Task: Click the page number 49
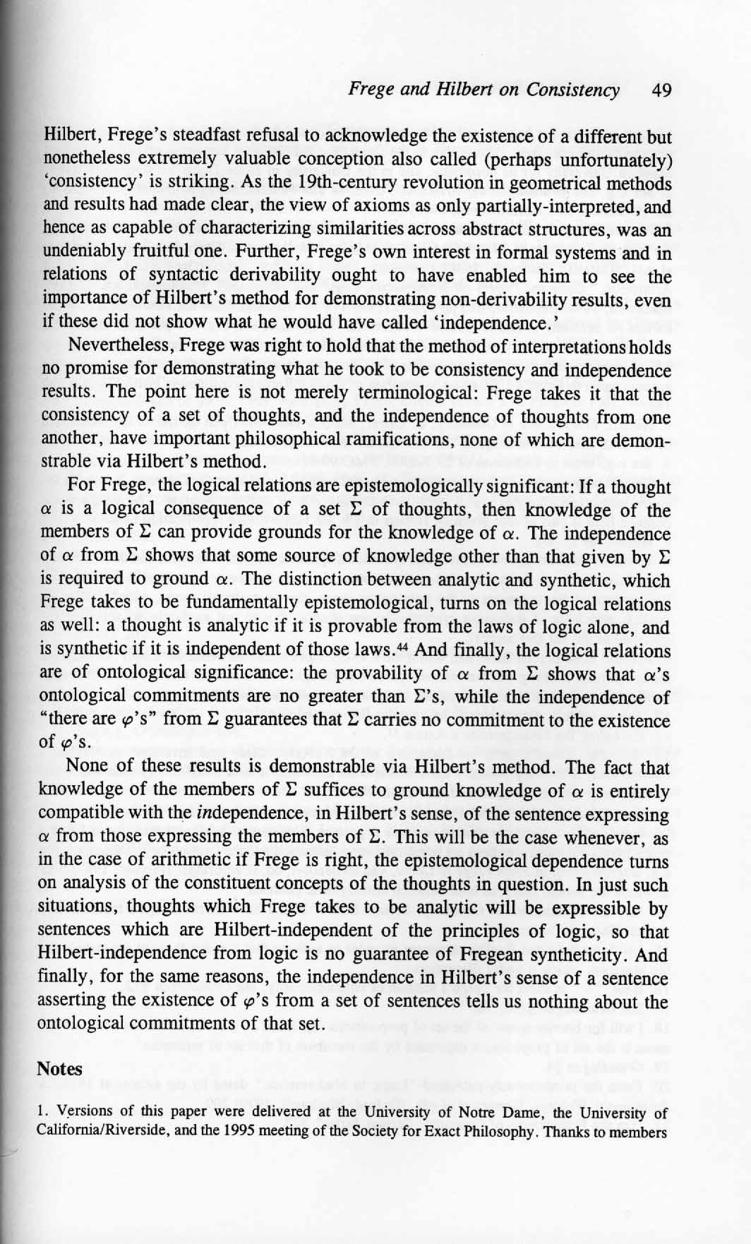click(661, 90)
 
